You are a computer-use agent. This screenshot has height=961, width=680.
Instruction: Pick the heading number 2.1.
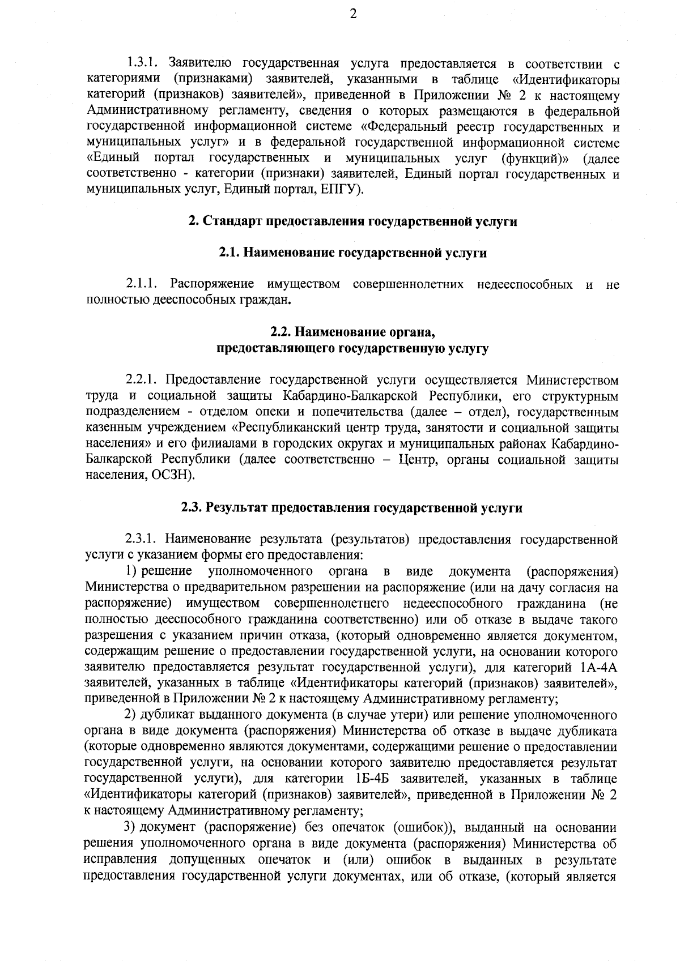pyautogui.click(x=229, y=253)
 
